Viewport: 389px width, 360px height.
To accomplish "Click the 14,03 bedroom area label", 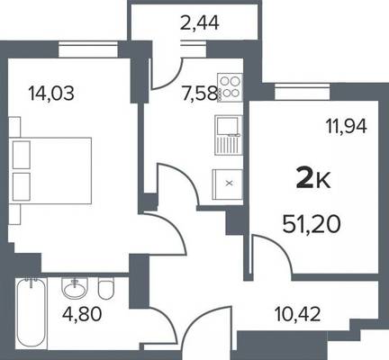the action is pos(51,93).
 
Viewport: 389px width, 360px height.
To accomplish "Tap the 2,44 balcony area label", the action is pos(199,23).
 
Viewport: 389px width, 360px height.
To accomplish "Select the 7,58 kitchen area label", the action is pos(199,93).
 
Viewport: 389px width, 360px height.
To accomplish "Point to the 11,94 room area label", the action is pos(347,126).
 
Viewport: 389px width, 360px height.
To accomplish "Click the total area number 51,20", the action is pos(312,224).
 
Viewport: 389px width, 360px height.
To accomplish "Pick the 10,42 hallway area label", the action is pos(297,314).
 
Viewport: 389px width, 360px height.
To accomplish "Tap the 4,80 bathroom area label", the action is pos(82,313).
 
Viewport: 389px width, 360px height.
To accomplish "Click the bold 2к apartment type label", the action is pos(313,179).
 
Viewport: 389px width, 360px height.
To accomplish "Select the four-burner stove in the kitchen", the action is pos(230,87).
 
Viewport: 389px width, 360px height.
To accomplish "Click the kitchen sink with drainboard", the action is pos(229,135).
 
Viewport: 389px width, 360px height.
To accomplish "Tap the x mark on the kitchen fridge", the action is pos(229,183).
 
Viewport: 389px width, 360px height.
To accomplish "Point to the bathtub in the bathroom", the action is pos(32,313).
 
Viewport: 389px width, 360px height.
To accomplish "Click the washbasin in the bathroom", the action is pos(75,288).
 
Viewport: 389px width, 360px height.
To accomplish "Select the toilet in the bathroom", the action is pos(106,288).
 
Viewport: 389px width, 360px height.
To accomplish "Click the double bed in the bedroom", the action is pos(50,170).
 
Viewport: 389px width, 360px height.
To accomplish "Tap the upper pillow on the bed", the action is pos(22,155).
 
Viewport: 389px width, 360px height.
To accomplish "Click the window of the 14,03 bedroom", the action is pos(87,49).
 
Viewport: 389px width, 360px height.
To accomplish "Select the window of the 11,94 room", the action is pos(302,92).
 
